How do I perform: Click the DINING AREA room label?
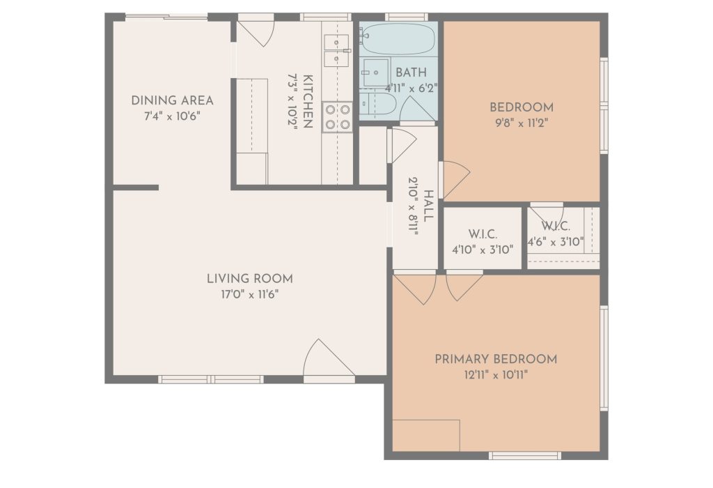tap(173, 100)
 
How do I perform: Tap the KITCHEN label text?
tap(307, 101)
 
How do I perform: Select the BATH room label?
tap(411, 73)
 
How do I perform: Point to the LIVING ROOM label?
tap(250, 279)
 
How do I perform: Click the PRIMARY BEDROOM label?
tap(496, 359)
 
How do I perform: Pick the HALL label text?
tap(428, 206)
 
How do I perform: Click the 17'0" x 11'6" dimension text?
tap(250, 294)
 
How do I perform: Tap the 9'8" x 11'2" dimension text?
tap(522, 123)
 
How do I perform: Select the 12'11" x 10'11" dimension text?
tap(496, 375)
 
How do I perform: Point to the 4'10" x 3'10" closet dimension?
tap(483, 250)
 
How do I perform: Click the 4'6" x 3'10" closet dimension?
tap(555, 242)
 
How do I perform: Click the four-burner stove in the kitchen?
tap(338, 117)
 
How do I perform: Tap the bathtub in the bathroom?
tap(398, 39)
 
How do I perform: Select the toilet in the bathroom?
tap(379, 105)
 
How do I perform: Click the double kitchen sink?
tap(337, 50)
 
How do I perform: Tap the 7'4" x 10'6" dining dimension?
tap(173, 116)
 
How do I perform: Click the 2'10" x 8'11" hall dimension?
tap(413, 205)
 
